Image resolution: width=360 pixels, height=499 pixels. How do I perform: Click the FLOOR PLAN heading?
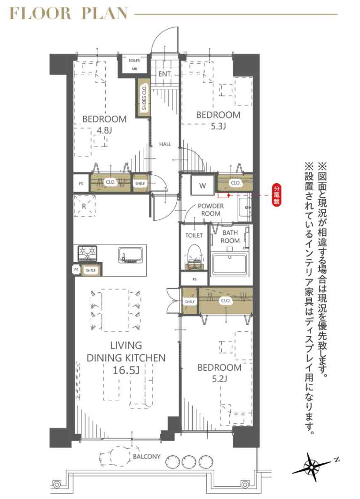tap(69, 14)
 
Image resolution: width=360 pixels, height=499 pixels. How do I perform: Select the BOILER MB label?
tap(134, 64)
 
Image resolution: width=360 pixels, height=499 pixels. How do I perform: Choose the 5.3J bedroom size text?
tap(218, 126)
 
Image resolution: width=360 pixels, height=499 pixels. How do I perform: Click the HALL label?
tap(165, 144)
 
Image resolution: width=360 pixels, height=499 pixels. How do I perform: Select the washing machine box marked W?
tap(203, 185)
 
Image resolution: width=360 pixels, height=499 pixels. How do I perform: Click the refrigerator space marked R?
tap(84, 205)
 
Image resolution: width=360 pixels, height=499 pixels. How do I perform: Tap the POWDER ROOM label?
tap(210, 210)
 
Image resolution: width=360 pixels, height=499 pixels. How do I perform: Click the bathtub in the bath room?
tap(231, 264)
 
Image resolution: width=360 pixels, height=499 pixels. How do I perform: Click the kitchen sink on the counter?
tap(131, 254)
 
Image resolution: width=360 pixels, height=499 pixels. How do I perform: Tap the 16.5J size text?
tap(126, 370)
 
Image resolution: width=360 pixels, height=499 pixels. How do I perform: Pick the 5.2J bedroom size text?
tap(219, 379)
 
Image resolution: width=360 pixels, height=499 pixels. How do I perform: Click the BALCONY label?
tap(146, 456)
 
